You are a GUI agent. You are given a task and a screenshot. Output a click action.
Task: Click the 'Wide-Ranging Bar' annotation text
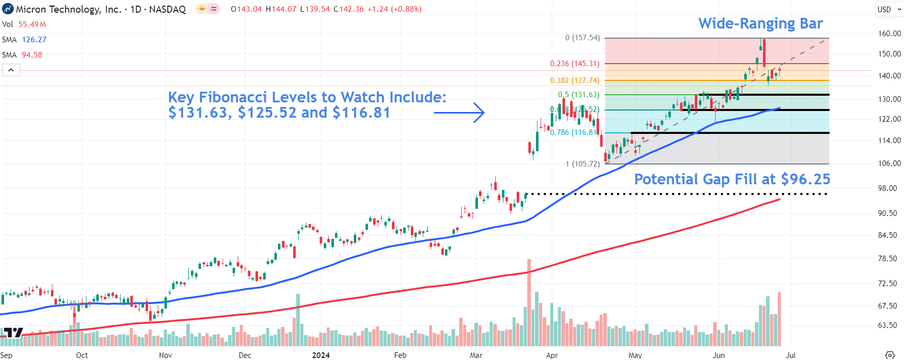coord(760,23)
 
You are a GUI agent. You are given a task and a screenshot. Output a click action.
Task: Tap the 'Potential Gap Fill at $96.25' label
coord(732,179)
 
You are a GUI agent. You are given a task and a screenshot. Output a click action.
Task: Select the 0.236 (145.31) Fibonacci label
coord(575,64)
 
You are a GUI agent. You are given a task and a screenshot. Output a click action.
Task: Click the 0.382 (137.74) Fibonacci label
coord(575,80)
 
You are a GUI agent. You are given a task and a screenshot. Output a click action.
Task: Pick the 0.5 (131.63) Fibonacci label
coord(579,95)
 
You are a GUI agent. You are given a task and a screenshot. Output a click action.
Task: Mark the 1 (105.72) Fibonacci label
coord(583,164)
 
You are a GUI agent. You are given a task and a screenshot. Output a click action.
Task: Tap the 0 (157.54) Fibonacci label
coord(582,38)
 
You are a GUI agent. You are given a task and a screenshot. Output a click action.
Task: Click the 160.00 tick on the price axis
coord(889,34)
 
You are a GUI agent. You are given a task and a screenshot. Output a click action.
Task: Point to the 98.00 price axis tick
coord(887,188)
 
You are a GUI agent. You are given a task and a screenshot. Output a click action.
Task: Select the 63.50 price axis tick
coord(887,325)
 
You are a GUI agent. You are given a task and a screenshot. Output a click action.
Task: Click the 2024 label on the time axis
coord(321,355)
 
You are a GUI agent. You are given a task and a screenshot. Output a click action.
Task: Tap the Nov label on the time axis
coord(165,355)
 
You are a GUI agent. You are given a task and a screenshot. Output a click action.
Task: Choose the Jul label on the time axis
coord(790,355)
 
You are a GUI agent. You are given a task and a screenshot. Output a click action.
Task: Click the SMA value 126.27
coord(34,40)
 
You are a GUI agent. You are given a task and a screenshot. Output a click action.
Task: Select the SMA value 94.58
coord(32,55)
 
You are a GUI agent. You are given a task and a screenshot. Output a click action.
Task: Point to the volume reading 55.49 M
coord(32,24)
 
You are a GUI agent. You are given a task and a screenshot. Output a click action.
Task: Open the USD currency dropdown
coord(889,9)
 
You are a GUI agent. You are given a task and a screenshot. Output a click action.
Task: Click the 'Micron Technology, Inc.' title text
coord(69,9)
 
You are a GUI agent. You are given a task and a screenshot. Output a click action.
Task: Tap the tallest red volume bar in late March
coord(529,302)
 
